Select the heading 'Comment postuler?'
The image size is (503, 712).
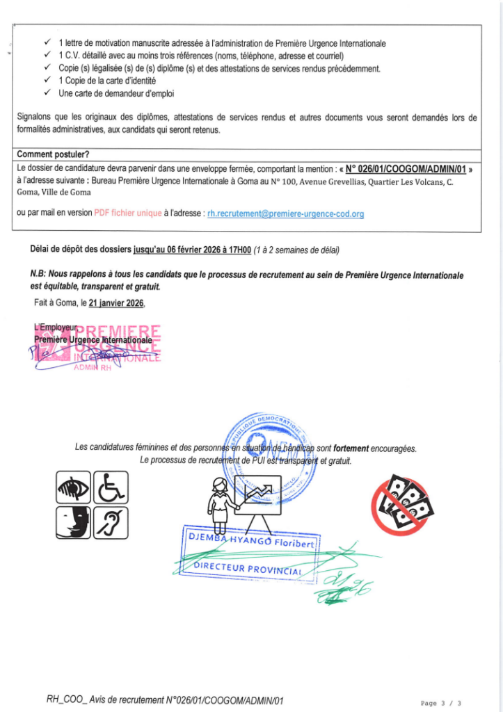click(x=53, y=154)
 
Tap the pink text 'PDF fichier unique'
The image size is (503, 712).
click(x=127, y=213)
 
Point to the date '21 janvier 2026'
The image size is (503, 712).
click(x=117, y=303)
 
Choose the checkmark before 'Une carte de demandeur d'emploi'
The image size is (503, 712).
click(x=47, y=93)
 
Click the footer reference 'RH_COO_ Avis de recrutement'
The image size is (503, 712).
click(x=118, y=700)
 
